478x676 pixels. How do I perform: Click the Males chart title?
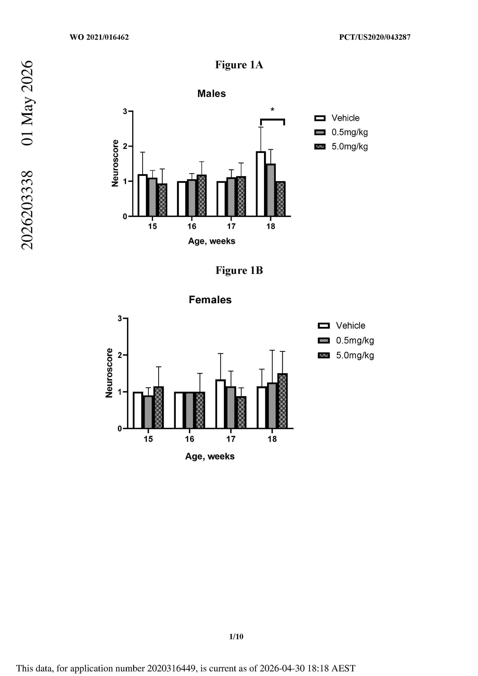pos(212,94)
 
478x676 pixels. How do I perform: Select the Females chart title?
pos(210,300)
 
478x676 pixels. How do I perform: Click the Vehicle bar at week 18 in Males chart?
pos(261,184)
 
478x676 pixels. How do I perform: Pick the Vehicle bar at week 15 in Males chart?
pos(143,195)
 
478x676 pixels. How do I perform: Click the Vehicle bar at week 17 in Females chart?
pos(221,404)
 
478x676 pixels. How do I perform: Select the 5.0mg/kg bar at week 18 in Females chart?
pos(283,401)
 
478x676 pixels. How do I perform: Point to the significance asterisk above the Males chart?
pos(272,110)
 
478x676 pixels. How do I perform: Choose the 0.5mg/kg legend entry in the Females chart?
pos(346,341)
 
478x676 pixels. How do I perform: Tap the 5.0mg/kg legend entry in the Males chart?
pos(341,146)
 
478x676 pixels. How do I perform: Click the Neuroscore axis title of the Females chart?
pos(109,373)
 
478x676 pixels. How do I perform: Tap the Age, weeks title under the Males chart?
pos(212,241)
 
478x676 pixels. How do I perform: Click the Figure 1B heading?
pos(239,270)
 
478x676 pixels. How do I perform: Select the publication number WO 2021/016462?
pos(99,37)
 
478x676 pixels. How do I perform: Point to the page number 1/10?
pos(236,636)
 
